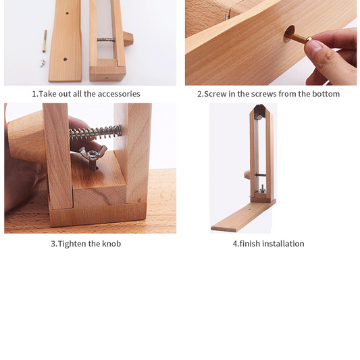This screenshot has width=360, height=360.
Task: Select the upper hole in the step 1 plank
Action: click(66, 13)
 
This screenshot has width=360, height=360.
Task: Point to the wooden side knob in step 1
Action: click(128, 39)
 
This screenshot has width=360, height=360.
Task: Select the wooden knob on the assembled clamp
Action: click(247, 174)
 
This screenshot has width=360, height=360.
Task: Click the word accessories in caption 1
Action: click(119, 94)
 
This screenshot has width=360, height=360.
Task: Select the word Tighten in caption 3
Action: click(72, 244)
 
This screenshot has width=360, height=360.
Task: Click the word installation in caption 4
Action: click(283, 244)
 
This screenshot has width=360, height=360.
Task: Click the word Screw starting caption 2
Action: click(215, 94)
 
